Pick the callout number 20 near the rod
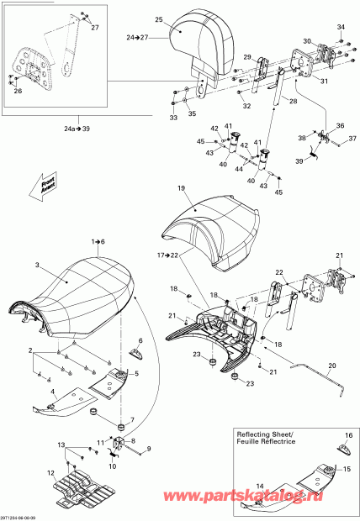pyautogui.click(x=308, y=366)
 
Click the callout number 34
pyautogui.click(x=341, y=28)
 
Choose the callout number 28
pyautogui.click(x=293, y=101)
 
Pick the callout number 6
pyautogui.click(x=140, y=339)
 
